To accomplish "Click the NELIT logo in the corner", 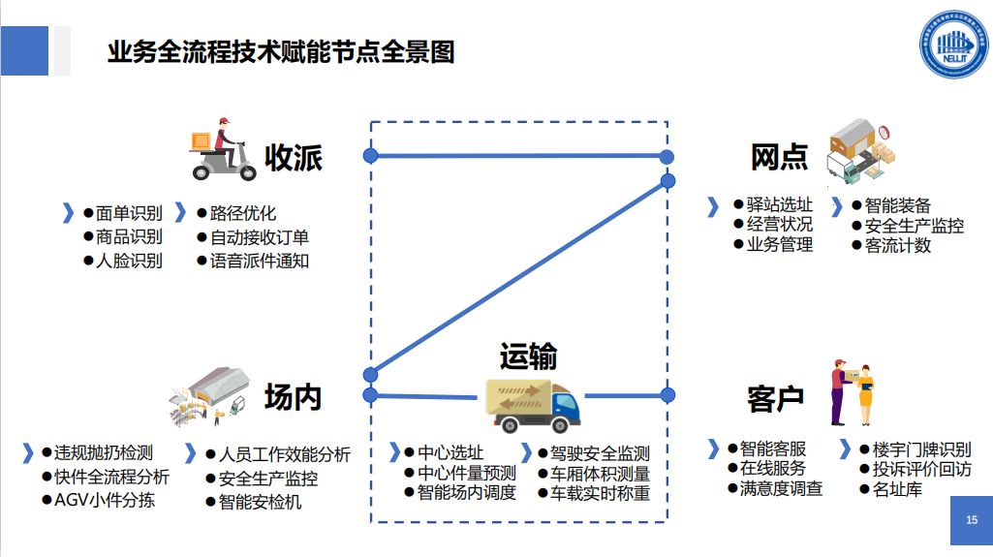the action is tap(953, 45).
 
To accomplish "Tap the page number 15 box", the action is tap(972, 520).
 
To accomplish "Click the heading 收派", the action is tap(294, 158).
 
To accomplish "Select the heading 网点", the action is tap(779, 157).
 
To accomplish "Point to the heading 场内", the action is tap(294, 397).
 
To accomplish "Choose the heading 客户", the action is tap(776, 399).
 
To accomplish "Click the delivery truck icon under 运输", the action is tap(533, 406).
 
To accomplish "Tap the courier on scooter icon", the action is tap(222, 149).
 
